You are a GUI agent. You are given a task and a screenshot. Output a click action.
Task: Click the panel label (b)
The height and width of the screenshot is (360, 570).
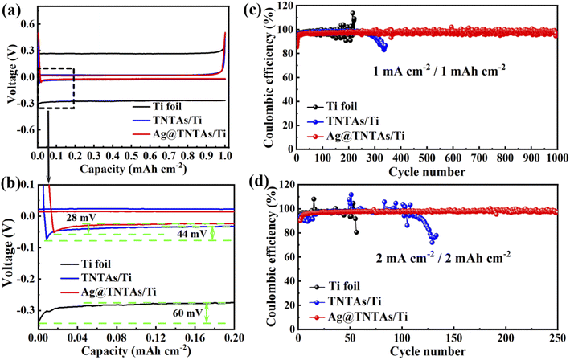click(x=14, y=191)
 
